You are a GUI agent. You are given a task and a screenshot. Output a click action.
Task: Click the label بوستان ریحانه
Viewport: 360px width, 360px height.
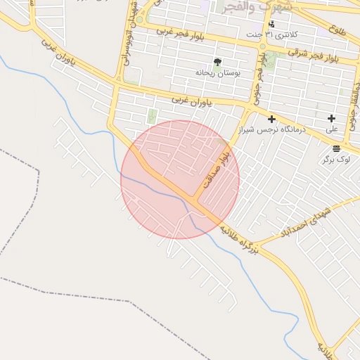tap(218, 73)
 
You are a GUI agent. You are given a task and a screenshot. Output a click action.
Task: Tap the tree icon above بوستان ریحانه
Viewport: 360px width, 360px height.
tap(217, 63)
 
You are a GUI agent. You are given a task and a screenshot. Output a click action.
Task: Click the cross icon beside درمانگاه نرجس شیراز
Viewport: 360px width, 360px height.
tap(271, 120)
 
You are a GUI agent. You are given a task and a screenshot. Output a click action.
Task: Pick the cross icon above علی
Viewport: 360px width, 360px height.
tap(331, 118)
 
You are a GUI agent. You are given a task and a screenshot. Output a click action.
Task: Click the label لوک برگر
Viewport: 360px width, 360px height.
tap(335, 160)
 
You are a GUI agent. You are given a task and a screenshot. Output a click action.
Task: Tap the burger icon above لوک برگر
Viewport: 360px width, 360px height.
tap(336, 148)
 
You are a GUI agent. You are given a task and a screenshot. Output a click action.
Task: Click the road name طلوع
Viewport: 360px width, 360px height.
tap(337, 29)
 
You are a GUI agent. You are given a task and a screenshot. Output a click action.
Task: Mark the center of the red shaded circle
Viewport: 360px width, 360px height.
tap(180, 180)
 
